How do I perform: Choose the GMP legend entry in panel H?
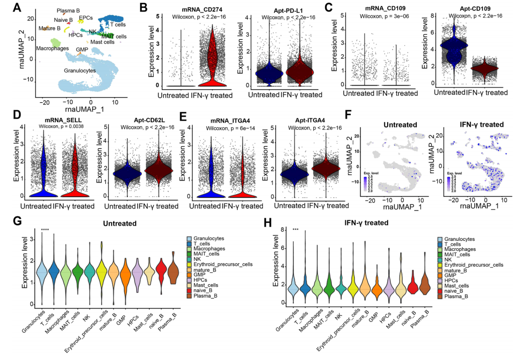click(x=452, y=275)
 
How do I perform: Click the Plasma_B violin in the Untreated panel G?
click(x=173, y=272)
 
